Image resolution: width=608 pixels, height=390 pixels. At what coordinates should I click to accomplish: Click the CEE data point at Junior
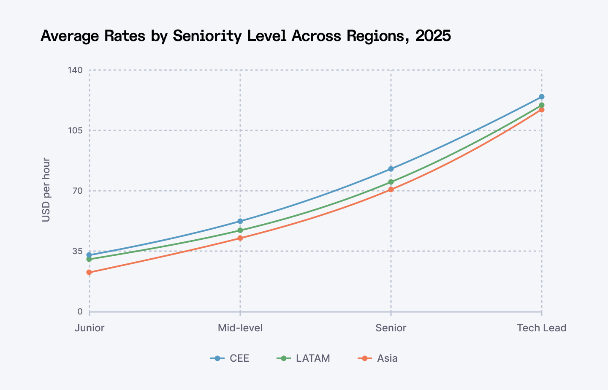tap(89, 255)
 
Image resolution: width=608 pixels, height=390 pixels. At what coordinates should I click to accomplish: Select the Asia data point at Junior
tap(89, 272)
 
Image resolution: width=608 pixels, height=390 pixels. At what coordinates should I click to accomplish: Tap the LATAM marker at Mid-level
tap(240, 230)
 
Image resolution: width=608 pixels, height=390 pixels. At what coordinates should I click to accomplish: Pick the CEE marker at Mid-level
tap(240, 221)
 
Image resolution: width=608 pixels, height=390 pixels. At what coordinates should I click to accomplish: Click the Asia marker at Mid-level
tap(240, 238)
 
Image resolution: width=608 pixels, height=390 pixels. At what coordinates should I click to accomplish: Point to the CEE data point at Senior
tap(391, 169)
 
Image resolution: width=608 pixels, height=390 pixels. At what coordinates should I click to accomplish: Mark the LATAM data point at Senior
tap(391, 182)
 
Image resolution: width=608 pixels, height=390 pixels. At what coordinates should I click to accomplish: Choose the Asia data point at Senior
tap(391, 190)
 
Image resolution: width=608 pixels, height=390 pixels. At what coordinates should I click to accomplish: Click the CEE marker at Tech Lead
tap(542, 97)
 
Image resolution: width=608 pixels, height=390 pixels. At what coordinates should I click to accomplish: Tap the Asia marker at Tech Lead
tap(542, 110)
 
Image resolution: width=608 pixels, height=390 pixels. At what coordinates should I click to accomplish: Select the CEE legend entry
tap(230, 358)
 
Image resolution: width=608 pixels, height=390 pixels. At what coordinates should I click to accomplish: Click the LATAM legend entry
tap(304, 358)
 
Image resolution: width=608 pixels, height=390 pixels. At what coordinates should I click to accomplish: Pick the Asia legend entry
tap(378, 358)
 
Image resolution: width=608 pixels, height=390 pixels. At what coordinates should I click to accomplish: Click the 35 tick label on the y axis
tap(77, 251)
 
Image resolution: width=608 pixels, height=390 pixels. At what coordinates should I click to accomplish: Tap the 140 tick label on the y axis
tap(75, 70)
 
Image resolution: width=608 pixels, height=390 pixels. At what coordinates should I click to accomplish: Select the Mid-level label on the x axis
tap(240, 328)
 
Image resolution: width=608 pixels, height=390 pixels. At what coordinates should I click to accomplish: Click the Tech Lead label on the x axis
tap(542, 328)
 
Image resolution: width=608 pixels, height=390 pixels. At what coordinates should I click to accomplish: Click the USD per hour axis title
tap(46, 190)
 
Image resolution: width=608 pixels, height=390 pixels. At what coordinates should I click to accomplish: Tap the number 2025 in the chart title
tap(433, 36)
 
